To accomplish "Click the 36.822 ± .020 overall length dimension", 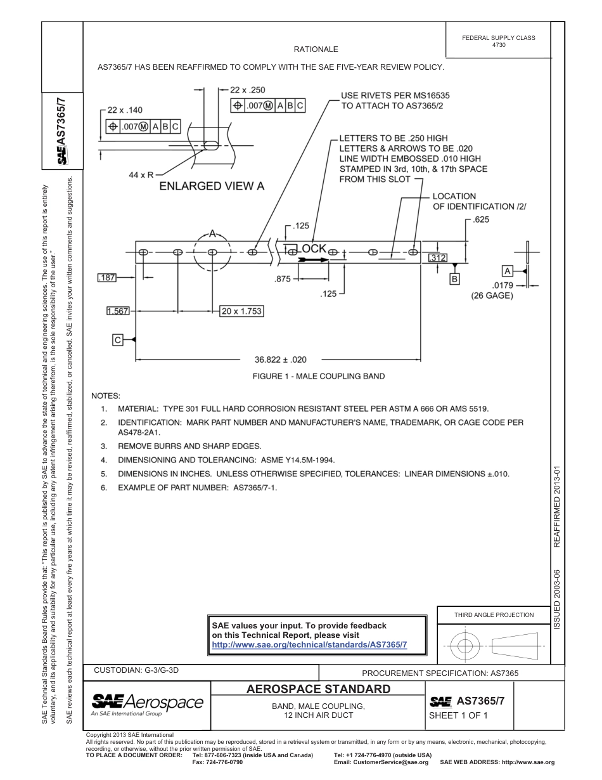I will click(x=280, y=360).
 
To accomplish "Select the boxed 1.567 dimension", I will click(x=118, y=311).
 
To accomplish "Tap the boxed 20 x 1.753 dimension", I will click(x=241, y=311).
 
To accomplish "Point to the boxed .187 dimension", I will click(x=107, y=278).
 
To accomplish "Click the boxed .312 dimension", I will click(x=438, y=258).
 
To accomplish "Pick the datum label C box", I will click(x=117, y=341).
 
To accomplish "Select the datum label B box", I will click(x=454, y=278).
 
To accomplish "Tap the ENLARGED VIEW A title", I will click(x=212, y=186).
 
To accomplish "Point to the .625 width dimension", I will click(x=481, y=220).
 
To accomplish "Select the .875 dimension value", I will click(x=282, y=278).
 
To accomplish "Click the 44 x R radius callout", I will click(x=141, y=174).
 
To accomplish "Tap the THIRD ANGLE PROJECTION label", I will click(x=494, y=614).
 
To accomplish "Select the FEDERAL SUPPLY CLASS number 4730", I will click(x=498, y=45).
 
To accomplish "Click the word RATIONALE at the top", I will click(x=316, y=49).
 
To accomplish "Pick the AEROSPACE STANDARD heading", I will click(x=318, y=689).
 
